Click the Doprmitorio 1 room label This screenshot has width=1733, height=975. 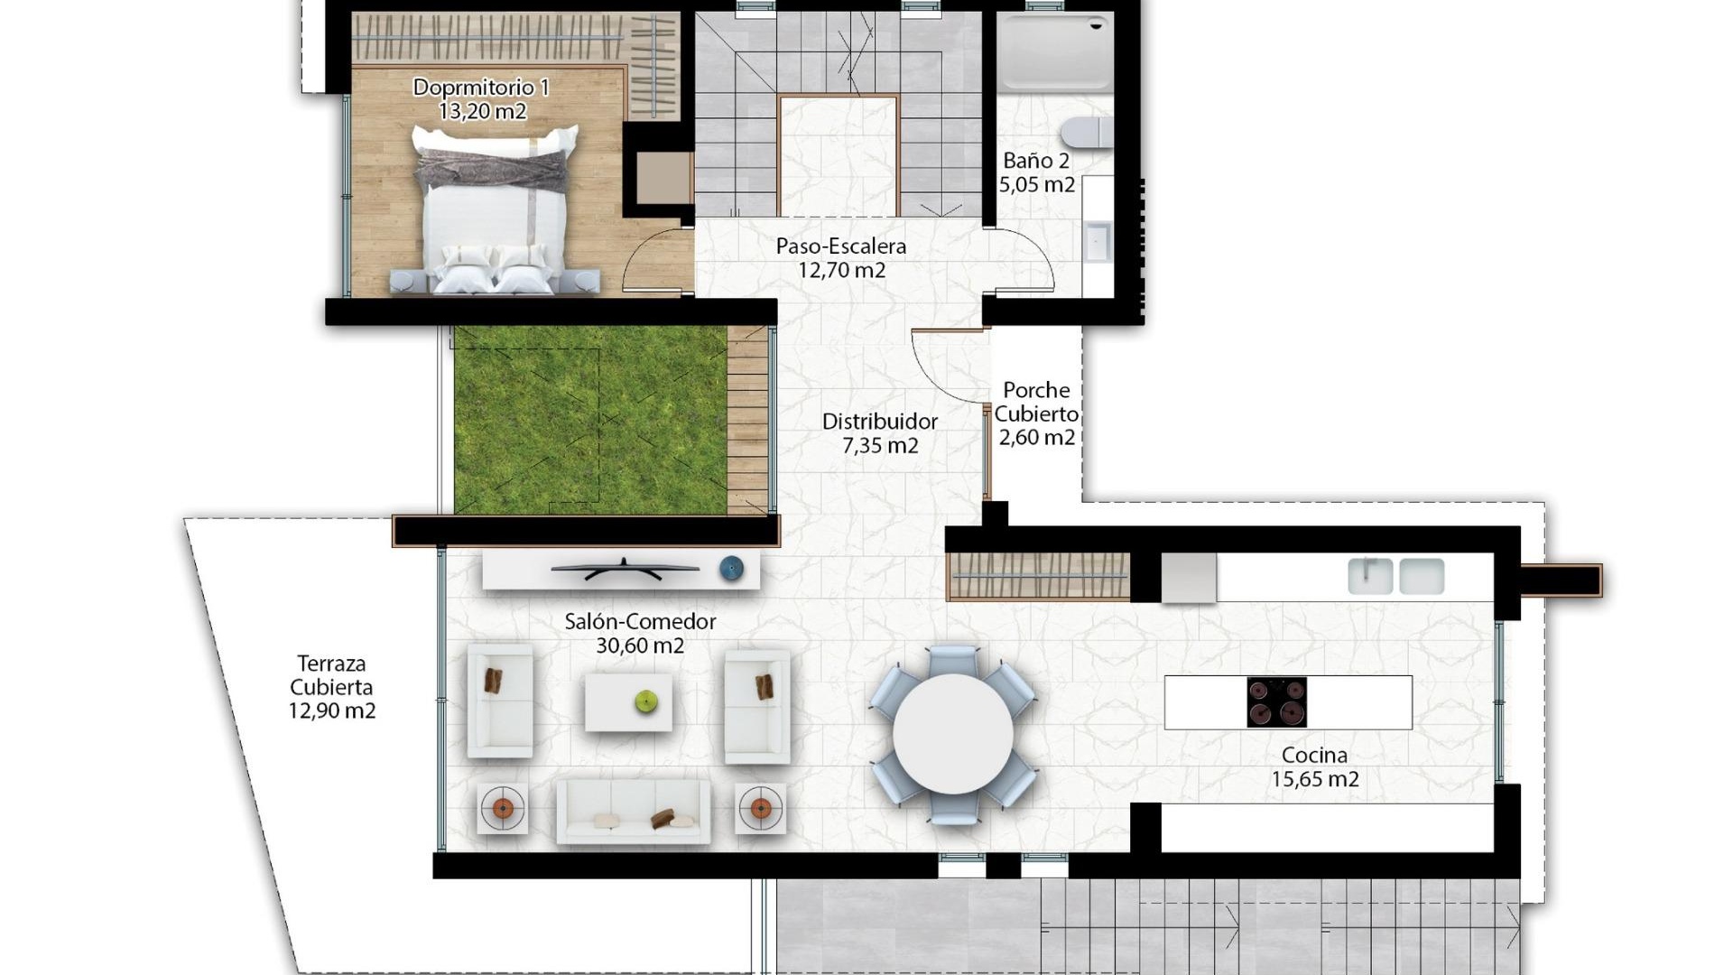(x=481, y=88)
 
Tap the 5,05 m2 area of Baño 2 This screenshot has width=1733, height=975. (x=1036, y=185)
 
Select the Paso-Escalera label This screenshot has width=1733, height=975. (x=840, y=246)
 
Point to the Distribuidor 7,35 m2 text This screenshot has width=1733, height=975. (x=879, y=433)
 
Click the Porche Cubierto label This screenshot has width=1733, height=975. (x=1036, y=403)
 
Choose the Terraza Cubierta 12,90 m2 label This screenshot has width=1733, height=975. (x=331, y=687)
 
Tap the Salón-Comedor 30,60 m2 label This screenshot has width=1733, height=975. (x=640, y=633)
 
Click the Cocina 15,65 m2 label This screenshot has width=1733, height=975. (x=1314, y=767)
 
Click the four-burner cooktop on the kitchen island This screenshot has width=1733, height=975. (x=1276, y=702)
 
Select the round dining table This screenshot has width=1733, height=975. (x=953, y=733)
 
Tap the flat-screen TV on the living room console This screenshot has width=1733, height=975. (x=625, y=569)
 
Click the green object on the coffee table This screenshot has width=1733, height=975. (x=645, y=701)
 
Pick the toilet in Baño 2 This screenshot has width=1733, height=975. (x=1087, y=133)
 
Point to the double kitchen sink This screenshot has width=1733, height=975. (x=1395, y=576)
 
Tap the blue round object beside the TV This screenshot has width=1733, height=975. (x=731, y=569)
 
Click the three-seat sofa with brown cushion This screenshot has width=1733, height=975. (x=632, y=812)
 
